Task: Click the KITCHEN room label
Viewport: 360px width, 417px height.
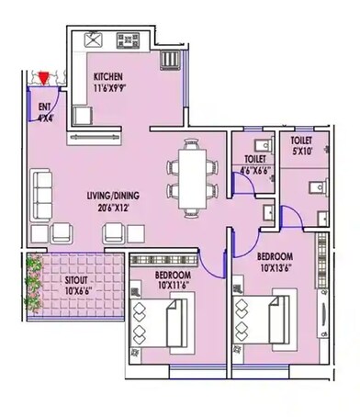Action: point(111,76)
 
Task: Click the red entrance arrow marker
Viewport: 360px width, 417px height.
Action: point(42,78)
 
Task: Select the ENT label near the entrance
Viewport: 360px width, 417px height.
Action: point(44,107)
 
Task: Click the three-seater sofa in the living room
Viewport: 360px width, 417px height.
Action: point(39,190)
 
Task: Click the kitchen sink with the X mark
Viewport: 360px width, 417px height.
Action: point(92,40)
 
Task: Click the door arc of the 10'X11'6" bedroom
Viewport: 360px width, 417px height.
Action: point(209,266)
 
